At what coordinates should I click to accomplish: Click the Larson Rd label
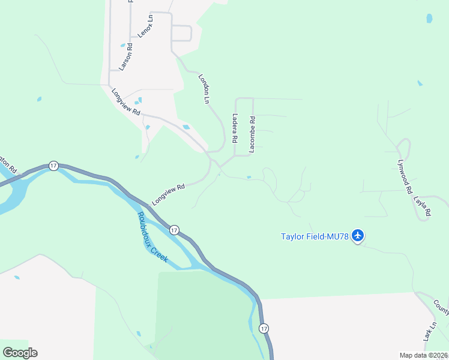(x=125, y=57)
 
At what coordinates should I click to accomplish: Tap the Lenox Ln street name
(x=145, y=26)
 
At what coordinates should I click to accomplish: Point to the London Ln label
(x=204, y=89)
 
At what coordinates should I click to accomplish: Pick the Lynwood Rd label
(x=405, y=176)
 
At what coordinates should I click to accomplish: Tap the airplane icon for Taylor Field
(x=358, y=235)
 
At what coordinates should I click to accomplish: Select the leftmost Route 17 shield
(x=53, y=166)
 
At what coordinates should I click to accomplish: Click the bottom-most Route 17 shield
(x=264, y=328)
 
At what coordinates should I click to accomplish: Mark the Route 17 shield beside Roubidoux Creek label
(x=174, y=229)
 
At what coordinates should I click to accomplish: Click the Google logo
(x=20, y=353)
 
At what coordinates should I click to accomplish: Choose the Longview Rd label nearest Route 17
(x=168, y=195)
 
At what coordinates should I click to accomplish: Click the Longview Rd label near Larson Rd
(x=126, y=102)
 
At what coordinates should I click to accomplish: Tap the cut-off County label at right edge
(x=442, y=307)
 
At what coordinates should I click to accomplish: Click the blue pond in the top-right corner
(x=429, y=19)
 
